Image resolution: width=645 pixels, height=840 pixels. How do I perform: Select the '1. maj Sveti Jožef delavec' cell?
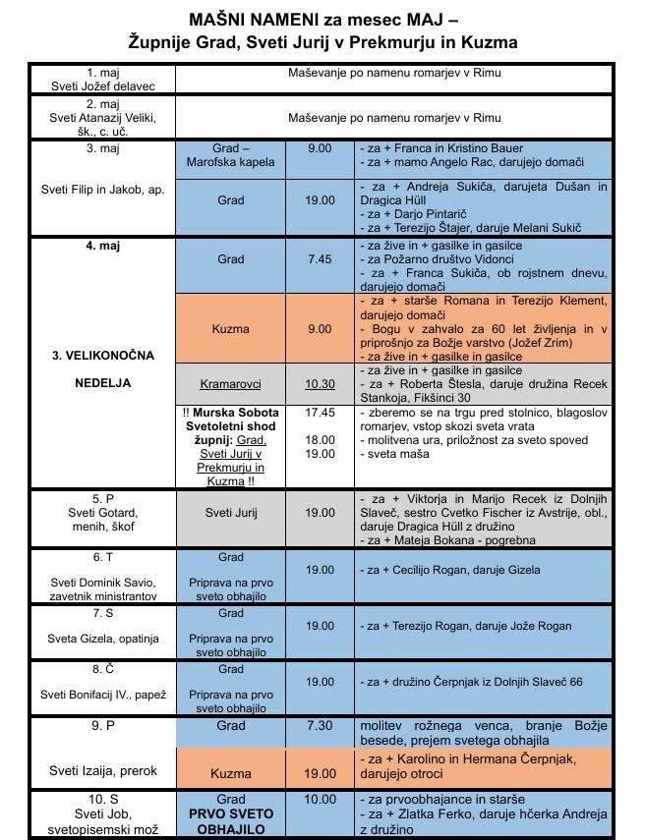pyautogui.click(x=103, y=79)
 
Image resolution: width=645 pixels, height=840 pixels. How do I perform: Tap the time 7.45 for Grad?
pyautogui.click(x=319, y=260)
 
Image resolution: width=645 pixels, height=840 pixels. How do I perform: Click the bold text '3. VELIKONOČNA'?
pyautogui.click(x=103, y=354)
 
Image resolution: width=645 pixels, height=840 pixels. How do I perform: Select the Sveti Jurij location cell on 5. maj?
pyautogui.click(x=230, y=512)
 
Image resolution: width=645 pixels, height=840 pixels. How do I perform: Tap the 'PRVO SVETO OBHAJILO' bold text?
pyautogui.click(x=230, y=822)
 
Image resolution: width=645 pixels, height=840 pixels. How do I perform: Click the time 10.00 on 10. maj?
pyautogui.click(x=319, y=800)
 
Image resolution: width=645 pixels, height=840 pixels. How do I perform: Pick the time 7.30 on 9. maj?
pyautogui.click(x=319, y=725)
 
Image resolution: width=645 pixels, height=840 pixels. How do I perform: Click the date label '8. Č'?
pyautogui.click(x=103, y=669)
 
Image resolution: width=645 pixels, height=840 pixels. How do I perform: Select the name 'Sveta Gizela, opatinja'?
pyautogui.click(x=103, y=638)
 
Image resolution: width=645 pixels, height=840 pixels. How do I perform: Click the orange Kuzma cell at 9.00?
pyautogui.click(x=230, y=328)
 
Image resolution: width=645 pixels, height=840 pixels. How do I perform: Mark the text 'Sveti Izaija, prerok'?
pyautogui.click(x=103, y=771)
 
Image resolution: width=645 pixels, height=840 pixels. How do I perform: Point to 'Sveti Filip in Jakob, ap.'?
pyautogui.click(x=103, y=190)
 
